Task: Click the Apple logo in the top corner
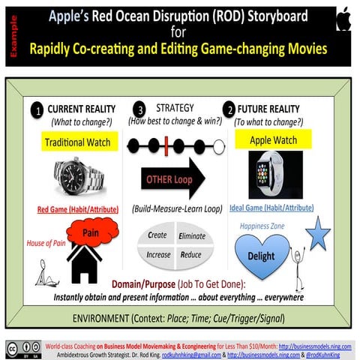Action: click(343, 17)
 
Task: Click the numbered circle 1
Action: click(36, 109)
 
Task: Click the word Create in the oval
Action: click(158, 235)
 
